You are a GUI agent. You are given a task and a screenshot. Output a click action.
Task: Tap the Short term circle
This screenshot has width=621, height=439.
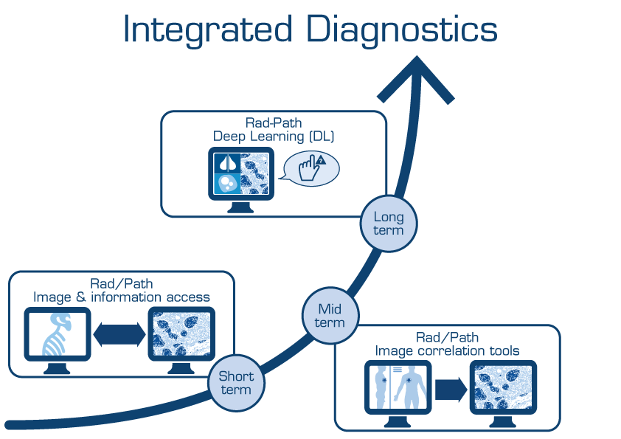235,383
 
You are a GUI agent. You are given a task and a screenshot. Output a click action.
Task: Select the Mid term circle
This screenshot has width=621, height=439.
330,315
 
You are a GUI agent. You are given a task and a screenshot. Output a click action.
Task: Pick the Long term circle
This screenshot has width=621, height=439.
389,224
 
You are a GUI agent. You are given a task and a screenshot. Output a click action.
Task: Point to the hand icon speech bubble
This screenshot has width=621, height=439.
311,168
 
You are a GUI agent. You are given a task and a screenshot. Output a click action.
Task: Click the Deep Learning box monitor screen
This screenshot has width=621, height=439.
242,174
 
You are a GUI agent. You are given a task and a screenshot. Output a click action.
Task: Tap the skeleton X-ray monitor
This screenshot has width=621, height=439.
57,334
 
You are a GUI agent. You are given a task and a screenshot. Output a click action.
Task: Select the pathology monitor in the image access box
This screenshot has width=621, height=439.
181,334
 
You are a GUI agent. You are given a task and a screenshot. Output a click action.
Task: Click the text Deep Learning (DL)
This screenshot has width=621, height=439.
274,136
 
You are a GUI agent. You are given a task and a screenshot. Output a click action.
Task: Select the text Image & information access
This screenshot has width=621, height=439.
122,297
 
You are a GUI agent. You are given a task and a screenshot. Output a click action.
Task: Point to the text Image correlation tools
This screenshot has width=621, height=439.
448,350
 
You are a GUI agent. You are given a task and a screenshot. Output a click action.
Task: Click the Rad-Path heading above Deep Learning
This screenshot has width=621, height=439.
274,123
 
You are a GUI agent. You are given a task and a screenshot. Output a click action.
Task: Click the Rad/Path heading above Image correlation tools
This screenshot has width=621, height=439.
448,337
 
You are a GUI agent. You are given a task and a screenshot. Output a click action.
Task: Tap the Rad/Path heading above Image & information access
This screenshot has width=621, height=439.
122,284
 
